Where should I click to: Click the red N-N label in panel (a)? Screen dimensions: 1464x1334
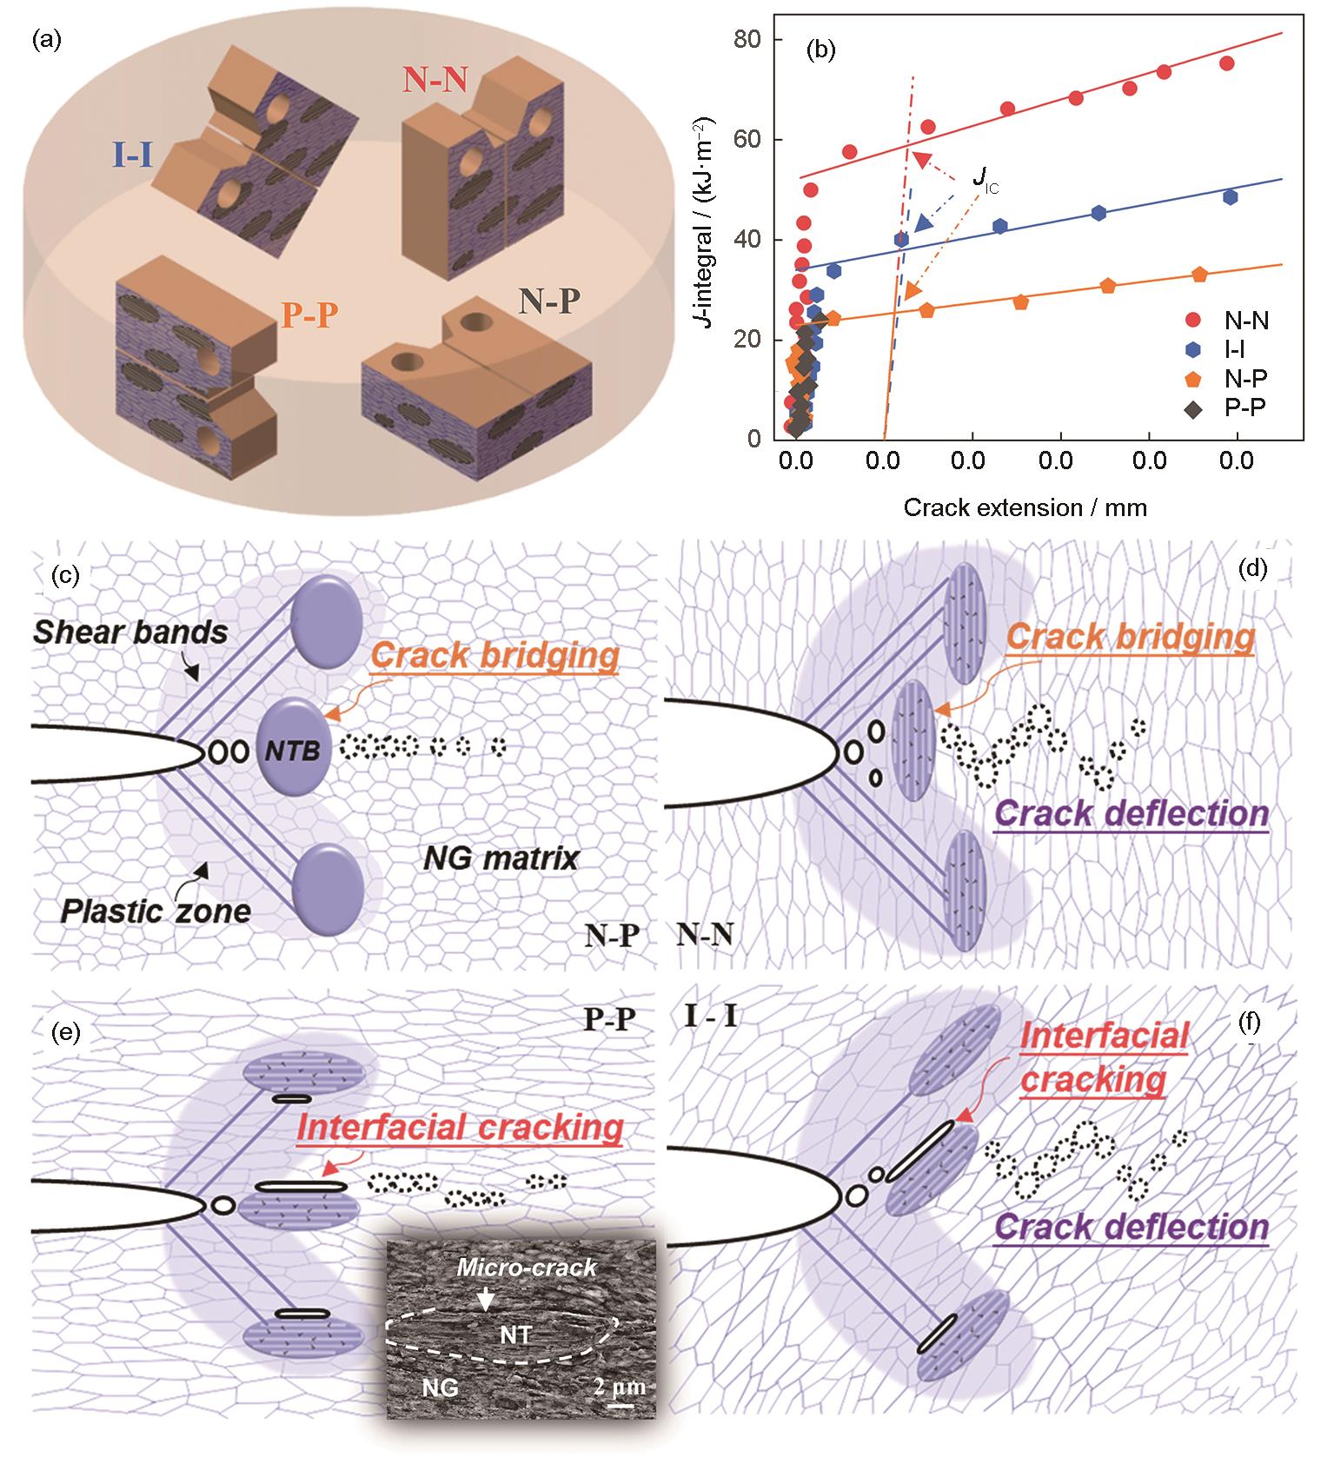click(x=435, y=81)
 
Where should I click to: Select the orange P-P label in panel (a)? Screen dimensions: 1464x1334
click(x=309, y=315)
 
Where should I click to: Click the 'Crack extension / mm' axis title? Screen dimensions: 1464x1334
click(x=1025, y=507)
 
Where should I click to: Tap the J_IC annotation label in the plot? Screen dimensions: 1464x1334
click(x=985, y=180)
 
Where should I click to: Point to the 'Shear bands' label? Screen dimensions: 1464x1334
click(x=130, y=632)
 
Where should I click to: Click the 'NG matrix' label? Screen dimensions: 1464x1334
click(x=501, y=858)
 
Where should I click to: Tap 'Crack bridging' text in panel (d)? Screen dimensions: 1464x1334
click(x=1131, y=638)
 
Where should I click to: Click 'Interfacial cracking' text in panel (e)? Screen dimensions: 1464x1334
click(x=460, y=1128)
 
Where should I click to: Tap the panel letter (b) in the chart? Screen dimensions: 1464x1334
click(x=820, y=50)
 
